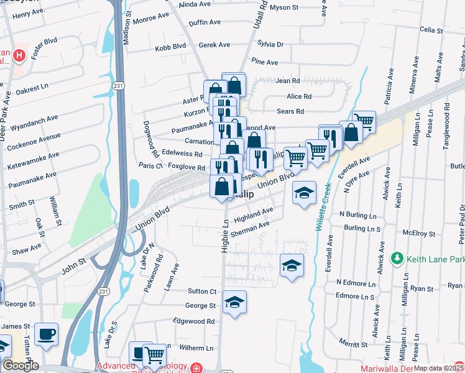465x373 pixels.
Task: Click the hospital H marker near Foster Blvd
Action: pos(19,56)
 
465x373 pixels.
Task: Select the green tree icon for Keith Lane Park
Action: pos(396,257)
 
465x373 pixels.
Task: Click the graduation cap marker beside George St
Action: pos(234,303)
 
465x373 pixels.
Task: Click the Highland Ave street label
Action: pos(254,216)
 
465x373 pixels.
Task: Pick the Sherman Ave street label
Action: pos(250,229)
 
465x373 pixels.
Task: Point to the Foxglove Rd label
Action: pos(186,167)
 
